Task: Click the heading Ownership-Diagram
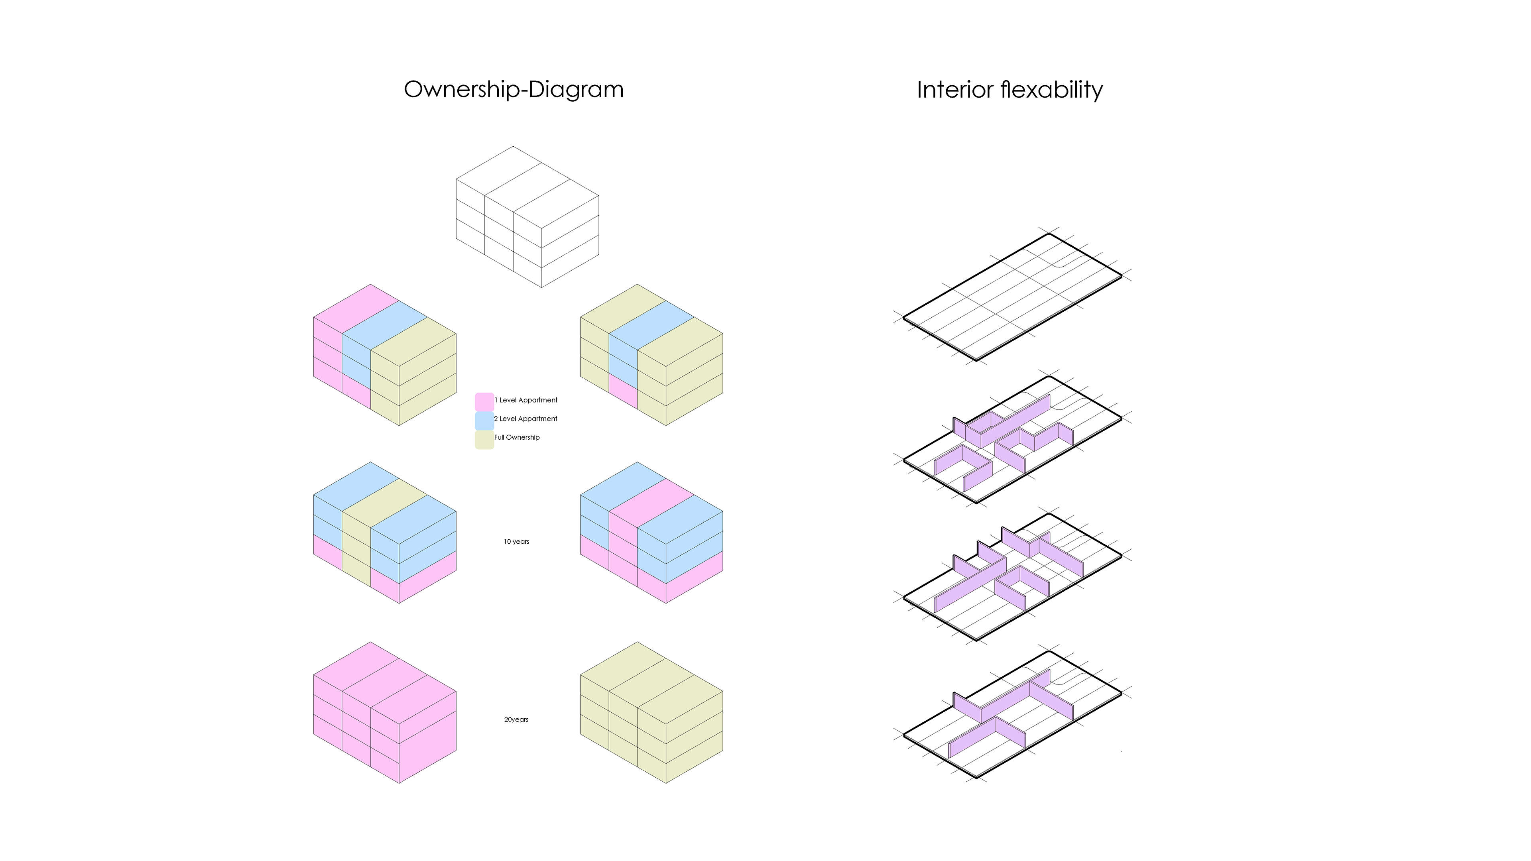point(514,90)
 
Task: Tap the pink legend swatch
point(484,401)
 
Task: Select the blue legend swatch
point(484,420)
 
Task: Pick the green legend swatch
point(484,439)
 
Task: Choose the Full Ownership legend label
point(517,437)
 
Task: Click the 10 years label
point(516,541)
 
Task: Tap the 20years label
point(516,719)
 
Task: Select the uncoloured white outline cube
point(527,217)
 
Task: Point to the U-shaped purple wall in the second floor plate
point(963,466)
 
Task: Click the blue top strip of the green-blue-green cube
point(651,325)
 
